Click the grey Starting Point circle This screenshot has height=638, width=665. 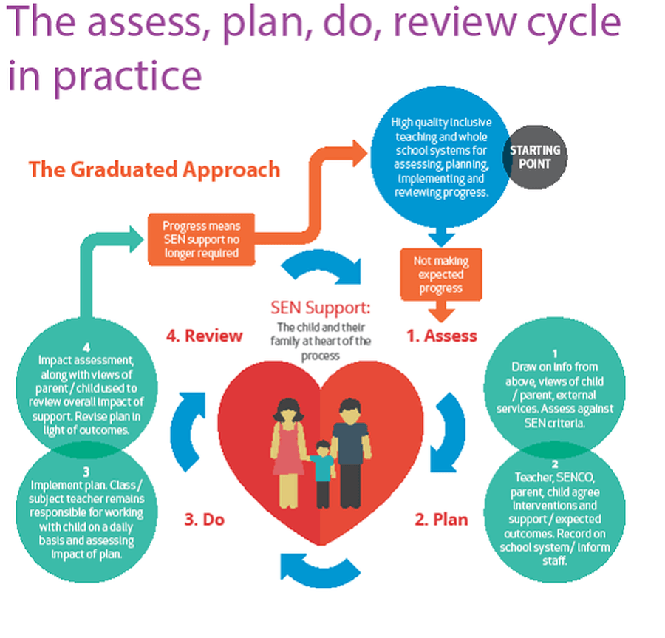tap(535, 157)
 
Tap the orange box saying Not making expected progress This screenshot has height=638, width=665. tap(441, 274)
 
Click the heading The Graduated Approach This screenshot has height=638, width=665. tap(154, 169)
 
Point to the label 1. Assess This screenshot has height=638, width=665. tap(442, 336)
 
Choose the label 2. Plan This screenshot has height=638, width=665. tap(441, 519)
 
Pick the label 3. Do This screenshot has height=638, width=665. tap(203, 519)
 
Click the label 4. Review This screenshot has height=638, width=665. tap(204, 336)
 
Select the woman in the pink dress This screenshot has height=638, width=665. tap(286, 444)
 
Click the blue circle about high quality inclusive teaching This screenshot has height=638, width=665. tap(439, 157)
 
